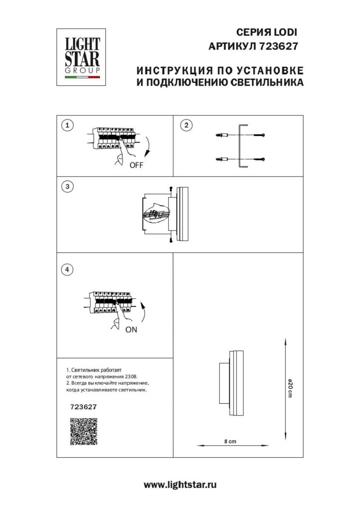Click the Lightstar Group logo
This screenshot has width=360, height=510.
point(81,57)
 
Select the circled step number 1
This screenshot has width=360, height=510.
point(67,125)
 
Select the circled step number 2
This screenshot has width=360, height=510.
point(186,125)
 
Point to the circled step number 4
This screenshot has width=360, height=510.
point(67,269)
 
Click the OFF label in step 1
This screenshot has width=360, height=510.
point(136,166)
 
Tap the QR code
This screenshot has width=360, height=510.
point(84,431)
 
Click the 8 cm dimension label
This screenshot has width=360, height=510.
point(230,442)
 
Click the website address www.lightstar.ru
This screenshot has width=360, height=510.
point(180,485)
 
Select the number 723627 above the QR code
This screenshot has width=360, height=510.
point(83,407)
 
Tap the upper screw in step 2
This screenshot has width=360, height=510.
point(259,136)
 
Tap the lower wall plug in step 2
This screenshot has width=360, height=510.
point(223,159)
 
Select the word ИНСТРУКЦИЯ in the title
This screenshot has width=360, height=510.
point(169,70)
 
